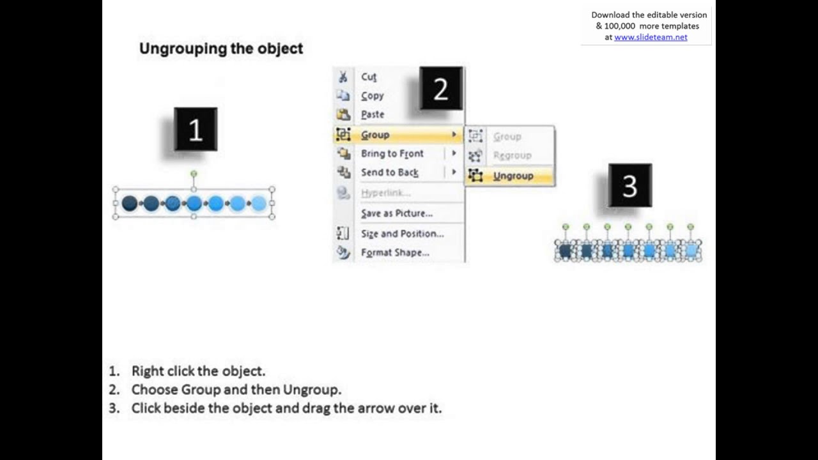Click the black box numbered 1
pos(196,130)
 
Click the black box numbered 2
pos(441,89)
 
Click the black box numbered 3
pos(629,185)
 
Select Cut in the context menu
pos(369,77)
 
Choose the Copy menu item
pos(372,96)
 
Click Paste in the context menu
pos(372,114)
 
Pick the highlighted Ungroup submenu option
pos(513,176)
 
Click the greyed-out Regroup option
pos(512,155)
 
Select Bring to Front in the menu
pos(392,153)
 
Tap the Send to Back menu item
pos(389,172)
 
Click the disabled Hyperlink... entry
pos(385,193)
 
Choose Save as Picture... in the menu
pos(396,213)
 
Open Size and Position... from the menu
pos(402,234)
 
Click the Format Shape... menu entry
pos(395,252)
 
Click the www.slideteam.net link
pos(651,37)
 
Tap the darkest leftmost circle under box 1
pos(130,203)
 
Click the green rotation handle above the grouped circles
pos(194,174)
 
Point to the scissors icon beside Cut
pos(343,77)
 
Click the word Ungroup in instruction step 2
pos(311,390)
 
